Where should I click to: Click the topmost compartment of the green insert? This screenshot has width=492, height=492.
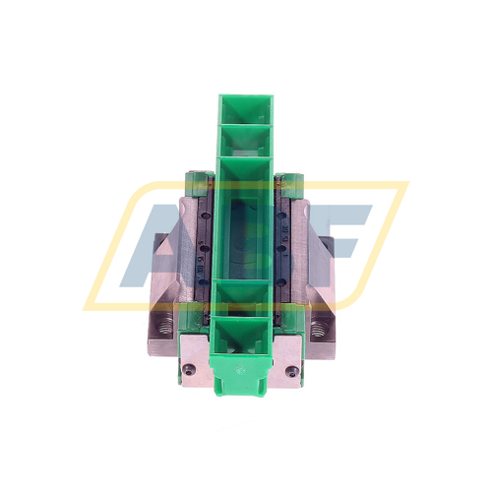[x=245, y=110]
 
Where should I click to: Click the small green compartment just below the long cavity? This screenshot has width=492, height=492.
[x=246, y=296]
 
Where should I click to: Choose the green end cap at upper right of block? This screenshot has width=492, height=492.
[x=291, y=181]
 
